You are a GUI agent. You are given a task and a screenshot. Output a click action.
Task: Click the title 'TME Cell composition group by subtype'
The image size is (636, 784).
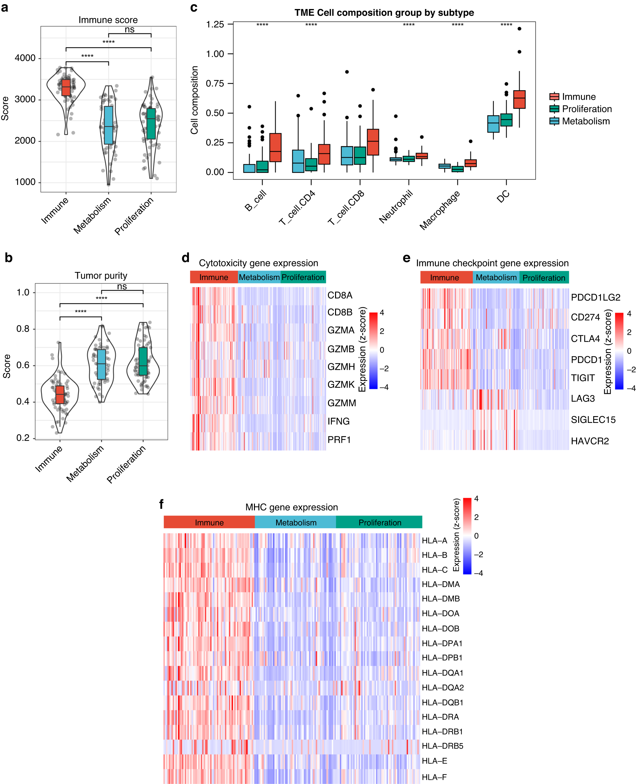[x=384, y=13]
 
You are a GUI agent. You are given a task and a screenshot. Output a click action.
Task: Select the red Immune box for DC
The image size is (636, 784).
[x=519, y=99]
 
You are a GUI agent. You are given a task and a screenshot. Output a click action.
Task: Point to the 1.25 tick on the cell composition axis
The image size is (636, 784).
[x=215, y=24]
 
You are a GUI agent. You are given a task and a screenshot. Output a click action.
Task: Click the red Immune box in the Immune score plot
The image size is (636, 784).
[x=66, y=88]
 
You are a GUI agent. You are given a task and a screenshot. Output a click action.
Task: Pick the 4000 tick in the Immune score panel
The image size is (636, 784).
[x=25, y=58]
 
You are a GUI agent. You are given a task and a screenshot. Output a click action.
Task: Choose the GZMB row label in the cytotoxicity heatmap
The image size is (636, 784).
[x=341, y=349]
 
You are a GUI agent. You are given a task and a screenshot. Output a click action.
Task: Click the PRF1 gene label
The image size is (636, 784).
[x=339, y=439]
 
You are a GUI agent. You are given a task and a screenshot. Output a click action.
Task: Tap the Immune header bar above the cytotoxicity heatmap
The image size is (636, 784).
[x=214, y=277]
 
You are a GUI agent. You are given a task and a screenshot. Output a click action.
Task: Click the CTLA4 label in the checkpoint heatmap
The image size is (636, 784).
[x=585, y=339]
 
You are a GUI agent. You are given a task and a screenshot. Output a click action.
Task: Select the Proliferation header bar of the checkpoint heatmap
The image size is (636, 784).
[x=544, y=278]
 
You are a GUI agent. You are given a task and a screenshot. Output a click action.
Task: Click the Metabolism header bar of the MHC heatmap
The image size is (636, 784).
[x=296, y=522]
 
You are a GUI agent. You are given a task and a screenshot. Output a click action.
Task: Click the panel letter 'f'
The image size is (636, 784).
[x=161, y=504]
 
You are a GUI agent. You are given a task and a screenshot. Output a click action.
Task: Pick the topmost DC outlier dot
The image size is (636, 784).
[x=519, y=29]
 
